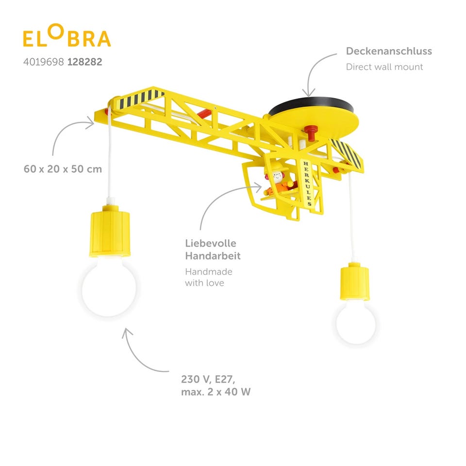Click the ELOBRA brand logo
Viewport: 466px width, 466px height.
point(67,38)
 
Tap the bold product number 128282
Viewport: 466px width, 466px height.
point(85,62)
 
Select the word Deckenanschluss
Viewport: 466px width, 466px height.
point(388,51)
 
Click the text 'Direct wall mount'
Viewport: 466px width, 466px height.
point(384,67)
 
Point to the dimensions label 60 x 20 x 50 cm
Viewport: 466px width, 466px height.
point(63,169)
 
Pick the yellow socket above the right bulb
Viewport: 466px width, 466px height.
point(355,282)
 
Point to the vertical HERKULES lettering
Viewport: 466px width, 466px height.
point(307,182)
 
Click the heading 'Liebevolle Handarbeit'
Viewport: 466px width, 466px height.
point(213,249)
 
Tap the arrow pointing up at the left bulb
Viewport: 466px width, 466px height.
point(141,347)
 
